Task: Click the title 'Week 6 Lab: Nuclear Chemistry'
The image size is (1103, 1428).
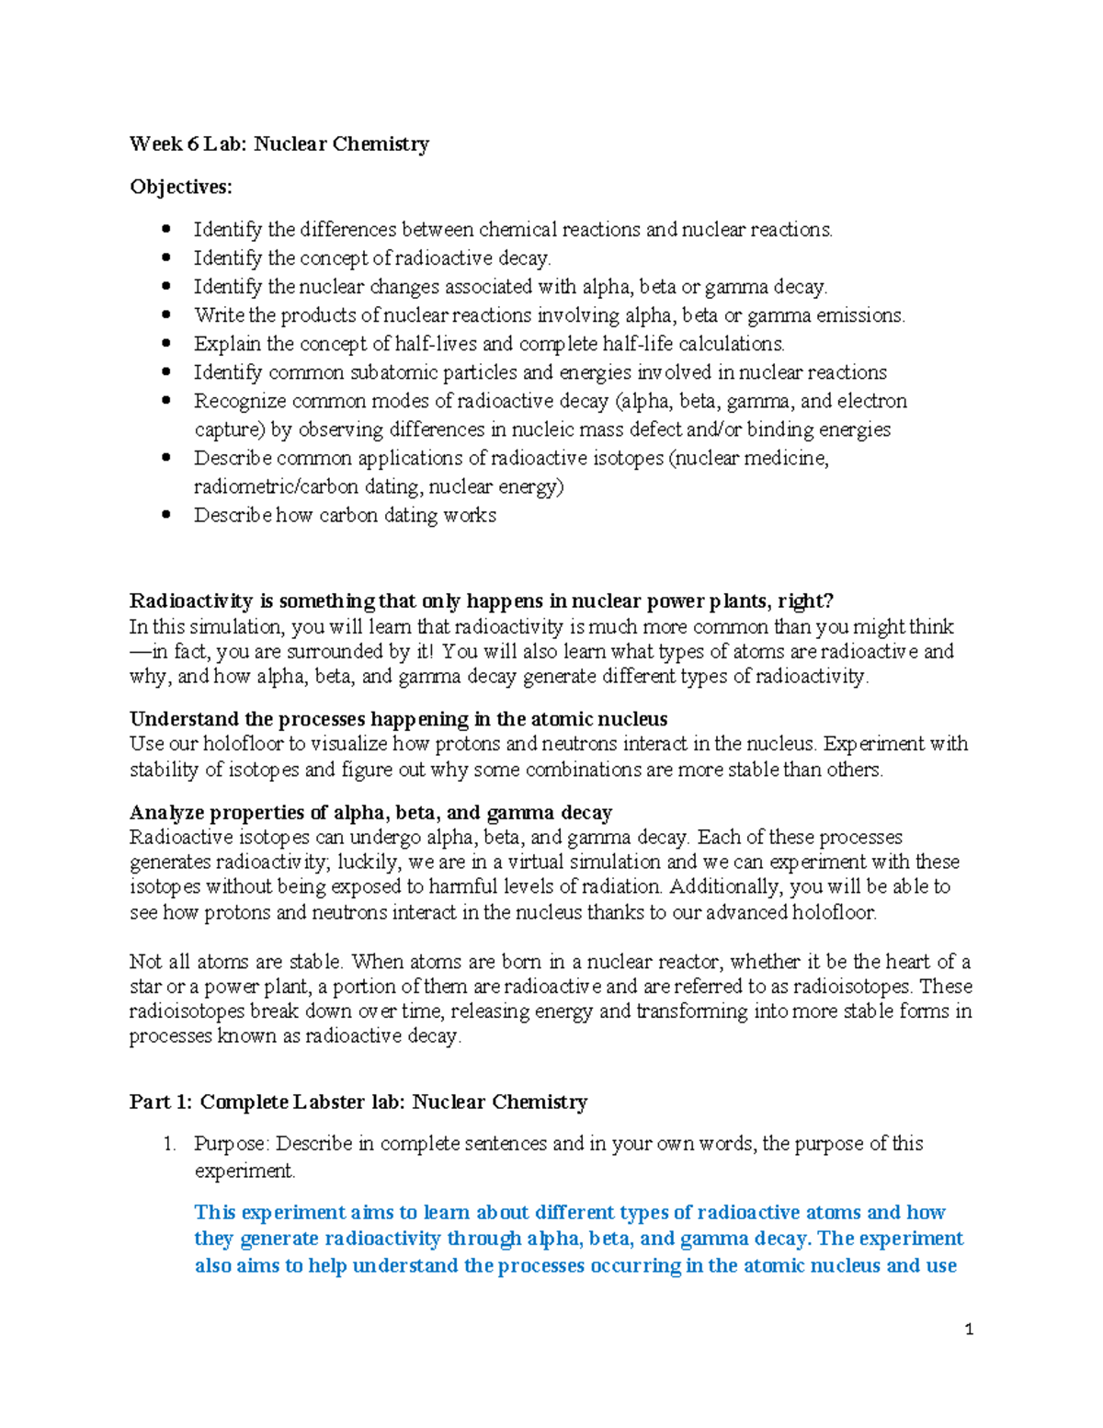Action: [x=279, y=143]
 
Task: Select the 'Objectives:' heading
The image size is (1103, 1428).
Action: [x=181, y=187]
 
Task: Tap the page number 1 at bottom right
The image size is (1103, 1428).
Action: [x=969, y=1329]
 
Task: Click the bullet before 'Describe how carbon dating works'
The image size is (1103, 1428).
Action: [x=166, y=515]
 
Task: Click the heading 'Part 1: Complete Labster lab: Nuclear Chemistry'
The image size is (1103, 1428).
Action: [x=358, y=1102]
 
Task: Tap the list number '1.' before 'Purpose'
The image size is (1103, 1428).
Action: [x=168, y=1144]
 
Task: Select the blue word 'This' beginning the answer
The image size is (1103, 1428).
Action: [x=215, y=1212]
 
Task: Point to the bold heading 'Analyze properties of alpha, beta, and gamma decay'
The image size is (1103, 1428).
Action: [x=370, y=813]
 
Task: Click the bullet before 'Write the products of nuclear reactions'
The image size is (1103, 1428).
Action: [x=166, y=315]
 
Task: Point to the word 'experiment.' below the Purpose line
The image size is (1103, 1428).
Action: [x=245, y=1171]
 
